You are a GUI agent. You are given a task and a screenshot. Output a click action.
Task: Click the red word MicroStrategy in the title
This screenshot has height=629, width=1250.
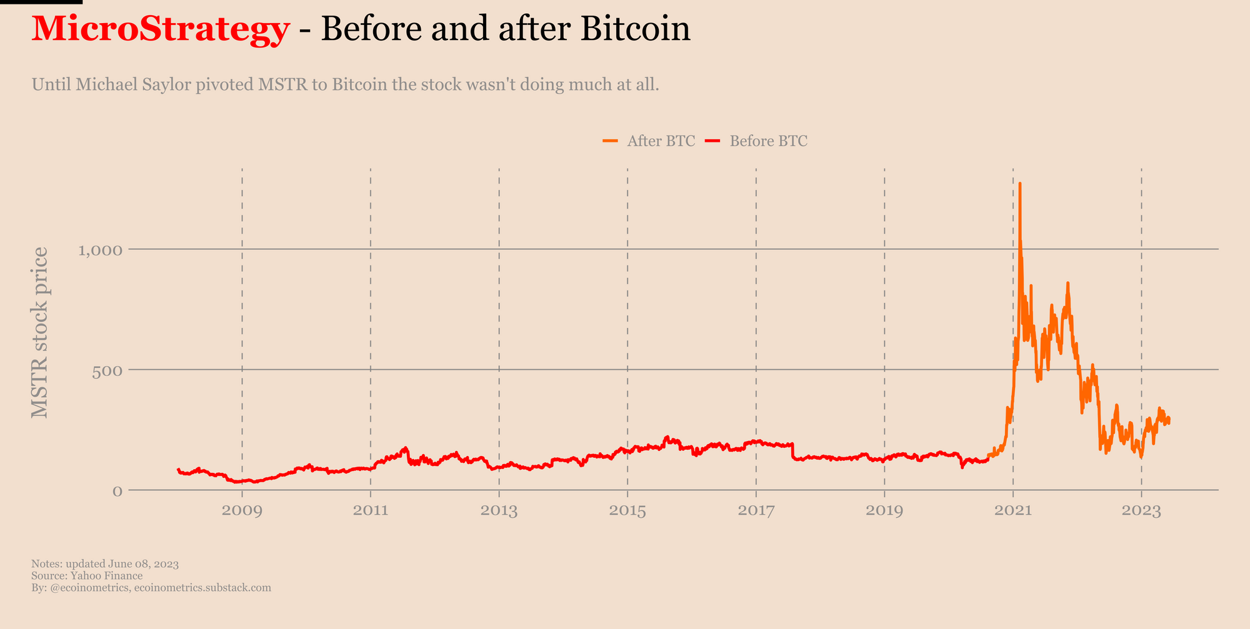[161, 29]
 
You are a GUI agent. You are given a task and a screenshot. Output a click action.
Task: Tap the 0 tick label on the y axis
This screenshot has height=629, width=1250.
[117, 491]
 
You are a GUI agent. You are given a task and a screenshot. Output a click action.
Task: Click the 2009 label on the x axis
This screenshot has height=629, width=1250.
[242, 511]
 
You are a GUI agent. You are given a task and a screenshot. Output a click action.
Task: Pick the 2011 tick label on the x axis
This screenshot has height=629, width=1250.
[371, 511]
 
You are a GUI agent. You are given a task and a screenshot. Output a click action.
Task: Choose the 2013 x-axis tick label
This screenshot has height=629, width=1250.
[499, 511]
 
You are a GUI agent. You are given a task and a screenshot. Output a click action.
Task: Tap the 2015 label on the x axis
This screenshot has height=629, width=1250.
[627, 511]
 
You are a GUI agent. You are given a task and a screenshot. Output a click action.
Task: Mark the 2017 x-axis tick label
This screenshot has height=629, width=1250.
[756, 511]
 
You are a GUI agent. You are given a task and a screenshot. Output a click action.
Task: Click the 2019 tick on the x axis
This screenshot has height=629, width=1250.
[884, 511]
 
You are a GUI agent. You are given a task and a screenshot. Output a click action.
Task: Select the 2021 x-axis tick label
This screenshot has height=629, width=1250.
[1013, 511]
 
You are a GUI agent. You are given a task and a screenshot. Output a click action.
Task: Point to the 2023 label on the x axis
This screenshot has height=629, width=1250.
[1141, 511]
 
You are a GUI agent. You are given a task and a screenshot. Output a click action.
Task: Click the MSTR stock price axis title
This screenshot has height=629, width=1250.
[39, 332]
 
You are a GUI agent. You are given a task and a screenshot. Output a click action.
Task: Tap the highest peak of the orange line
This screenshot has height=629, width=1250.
[1020, 184]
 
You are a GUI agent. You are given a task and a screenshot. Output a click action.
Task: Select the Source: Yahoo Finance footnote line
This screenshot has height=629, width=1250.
[87, 576]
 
